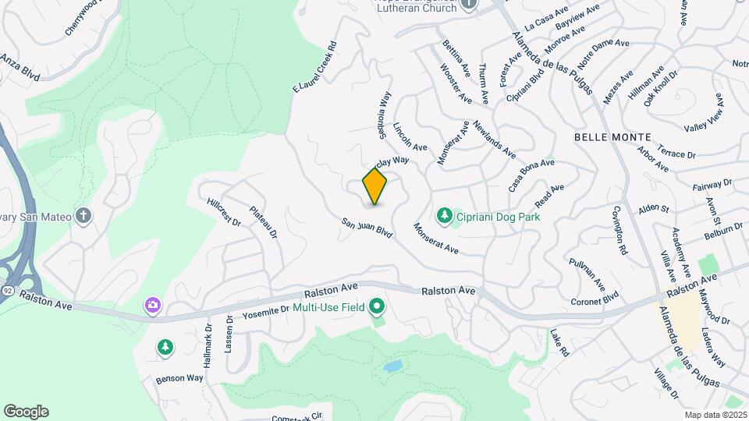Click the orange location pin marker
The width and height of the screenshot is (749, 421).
pos(374,186)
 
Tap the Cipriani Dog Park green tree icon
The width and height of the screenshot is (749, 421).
pos(444,214)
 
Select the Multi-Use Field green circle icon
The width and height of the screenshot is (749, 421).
pos(378,306)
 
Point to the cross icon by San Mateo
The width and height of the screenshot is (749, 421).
pos(84,215)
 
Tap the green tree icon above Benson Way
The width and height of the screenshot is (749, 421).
pos(165,347)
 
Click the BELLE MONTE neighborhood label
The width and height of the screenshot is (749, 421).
pos(608,136)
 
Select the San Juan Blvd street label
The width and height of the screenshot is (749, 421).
pos(366,227)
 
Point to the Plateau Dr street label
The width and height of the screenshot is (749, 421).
pos(263,221)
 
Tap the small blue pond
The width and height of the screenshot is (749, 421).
pos(392,365)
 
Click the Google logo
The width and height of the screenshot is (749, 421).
pos(26,412)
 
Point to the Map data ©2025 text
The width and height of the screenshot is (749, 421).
pos(715,415)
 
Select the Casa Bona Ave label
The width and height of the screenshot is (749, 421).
pos(531,175)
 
